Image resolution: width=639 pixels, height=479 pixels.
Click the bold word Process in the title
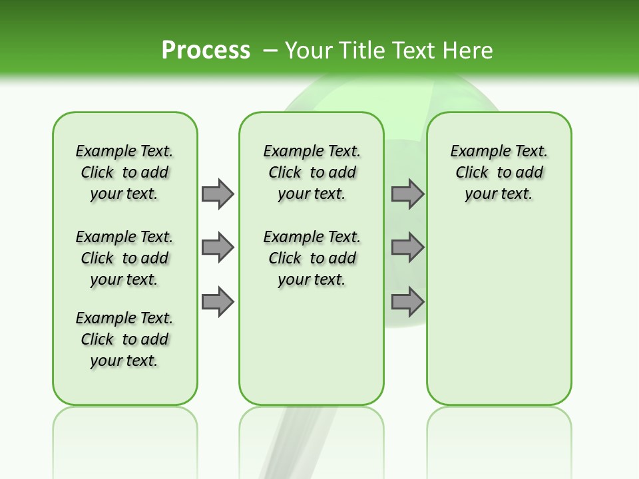point(206,50)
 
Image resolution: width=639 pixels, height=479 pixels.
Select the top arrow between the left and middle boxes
point(218,194)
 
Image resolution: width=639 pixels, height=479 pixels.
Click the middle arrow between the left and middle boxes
point(218,247)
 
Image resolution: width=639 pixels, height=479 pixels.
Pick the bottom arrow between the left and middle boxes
point(218,302)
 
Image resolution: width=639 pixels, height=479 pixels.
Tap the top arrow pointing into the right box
point(407,194)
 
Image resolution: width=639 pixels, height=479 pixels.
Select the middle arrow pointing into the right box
point(407,247)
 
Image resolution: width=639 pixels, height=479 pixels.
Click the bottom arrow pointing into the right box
point(407,302)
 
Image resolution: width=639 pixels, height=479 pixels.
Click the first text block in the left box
point(124,172)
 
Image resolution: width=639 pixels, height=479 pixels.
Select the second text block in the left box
point(124,258)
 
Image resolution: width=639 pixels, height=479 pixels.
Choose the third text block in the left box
point(124,339)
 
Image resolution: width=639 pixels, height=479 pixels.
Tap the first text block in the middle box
point(312,172)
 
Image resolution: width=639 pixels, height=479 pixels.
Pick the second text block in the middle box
point(312,258)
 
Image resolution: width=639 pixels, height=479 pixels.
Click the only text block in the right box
point(499,172)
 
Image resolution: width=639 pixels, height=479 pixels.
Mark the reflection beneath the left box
point(125,432)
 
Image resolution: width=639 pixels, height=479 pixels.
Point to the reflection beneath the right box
point(499,432)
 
